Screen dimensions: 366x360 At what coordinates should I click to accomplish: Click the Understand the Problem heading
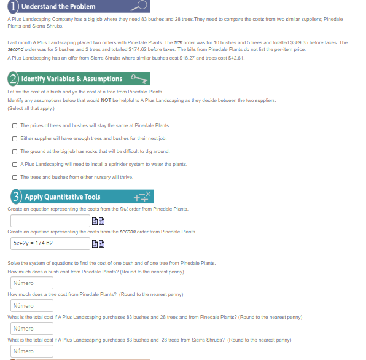coord(58,6)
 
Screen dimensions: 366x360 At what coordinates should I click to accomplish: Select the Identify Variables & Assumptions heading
coord(72,79)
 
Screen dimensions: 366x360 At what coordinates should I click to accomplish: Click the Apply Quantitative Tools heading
coord(63,197)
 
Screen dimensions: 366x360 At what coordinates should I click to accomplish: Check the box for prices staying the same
coord(14,125)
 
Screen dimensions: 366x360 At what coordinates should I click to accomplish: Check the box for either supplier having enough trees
coord(14,138)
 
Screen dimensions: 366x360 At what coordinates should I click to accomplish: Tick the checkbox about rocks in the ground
coord(14,151)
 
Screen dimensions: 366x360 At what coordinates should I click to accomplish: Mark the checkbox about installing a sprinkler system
coord(14,164)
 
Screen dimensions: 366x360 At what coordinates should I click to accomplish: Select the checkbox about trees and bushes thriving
coord(14,177)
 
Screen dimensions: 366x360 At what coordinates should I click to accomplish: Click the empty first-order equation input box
coord(49,221)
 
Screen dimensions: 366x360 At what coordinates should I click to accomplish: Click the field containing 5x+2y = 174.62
coord(49,243)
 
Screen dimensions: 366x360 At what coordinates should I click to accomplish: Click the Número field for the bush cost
coord(31,283)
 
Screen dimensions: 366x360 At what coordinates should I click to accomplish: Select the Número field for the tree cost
coord(31,305)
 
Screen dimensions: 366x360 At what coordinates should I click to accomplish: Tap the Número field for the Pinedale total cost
coord(31,328)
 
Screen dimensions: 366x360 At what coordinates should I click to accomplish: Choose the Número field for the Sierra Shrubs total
coord(31,351)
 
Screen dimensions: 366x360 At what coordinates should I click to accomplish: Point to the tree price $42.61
coord(237,57)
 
